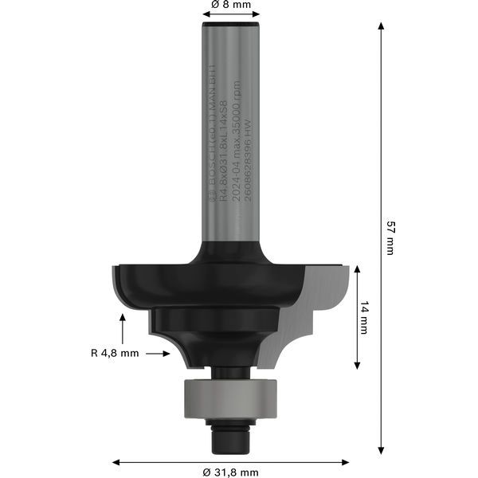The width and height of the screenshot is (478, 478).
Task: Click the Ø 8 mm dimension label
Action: pos(231,5)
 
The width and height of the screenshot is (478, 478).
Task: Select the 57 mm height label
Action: pos(390,237)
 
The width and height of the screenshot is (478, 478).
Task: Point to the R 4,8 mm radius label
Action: pos(115,352)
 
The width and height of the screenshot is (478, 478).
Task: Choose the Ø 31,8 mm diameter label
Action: pos(231,472)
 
